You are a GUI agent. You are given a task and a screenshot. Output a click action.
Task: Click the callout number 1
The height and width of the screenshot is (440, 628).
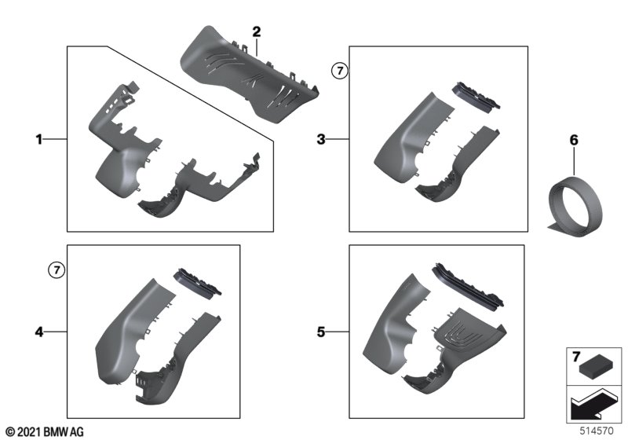[38, 139]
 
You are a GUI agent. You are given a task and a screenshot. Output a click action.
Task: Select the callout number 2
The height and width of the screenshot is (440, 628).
[257, 31]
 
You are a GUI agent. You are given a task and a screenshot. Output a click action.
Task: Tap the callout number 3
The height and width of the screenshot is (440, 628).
[321, 139]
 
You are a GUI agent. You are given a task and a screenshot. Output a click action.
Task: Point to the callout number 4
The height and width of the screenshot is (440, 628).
[38, 332]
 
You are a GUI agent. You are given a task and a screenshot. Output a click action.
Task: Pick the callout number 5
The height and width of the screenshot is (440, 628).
[321, 332]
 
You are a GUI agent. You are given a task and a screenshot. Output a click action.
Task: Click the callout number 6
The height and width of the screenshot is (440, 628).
[574, 141]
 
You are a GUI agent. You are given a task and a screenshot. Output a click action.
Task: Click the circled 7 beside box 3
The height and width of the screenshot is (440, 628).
[340, 71]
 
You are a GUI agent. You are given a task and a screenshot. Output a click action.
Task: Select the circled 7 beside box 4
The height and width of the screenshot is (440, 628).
[57, 270]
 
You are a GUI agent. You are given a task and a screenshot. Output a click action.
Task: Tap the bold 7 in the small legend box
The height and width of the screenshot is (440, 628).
[576, 356]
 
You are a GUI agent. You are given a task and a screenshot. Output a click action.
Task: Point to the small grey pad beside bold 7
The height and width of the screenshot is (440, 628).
[597, 367]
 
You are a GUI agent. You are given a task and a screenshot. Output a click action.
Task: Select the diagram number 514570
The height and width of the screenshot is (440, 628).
[597, 431]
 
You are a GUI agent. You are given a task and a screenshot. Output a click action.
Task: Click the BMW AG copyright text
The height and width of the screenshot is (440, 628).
[45, 431]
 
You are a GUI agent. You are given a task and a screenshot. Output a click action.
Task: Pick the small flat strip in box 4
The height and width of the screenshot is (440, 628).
[197, 282]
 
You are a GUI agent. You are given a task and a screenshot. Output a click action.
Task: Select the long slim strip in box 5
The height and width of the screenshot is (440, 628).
[468, 286]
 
